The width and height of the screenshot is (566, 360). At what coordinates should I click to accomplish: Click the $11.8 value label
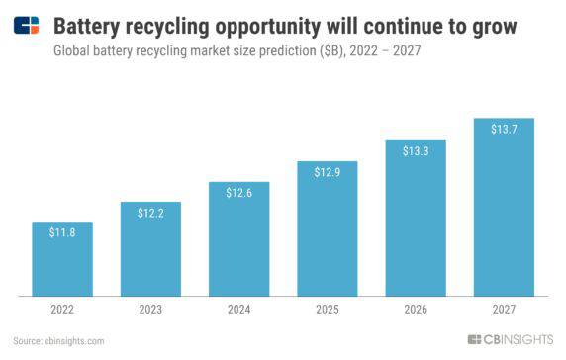tap(61, 232)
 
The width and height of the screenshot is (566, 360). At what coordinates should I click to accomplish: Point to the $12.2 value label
tap(150, 213)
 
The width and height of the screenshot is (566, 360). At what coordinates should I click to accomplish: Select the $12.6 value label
tap(238, 193)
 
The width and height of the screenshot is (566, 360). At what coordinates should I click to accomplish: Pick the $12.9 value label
tap(327, 172)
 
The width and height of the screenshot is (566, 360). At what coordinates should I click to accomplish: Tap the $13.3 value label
tap(416, 151)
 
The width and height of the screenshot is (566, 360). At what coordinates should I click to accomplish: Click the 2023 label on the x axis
tap(150, 311)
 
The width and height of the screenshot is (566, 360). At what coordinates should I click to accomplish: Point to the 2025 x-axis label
tap(327, 311)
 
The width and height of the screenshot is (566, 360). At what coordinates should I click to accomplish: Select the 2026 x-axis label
tap(416, 311)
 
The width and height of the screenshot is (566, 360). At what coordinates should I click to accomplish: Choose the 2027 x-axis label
tap(504, 311)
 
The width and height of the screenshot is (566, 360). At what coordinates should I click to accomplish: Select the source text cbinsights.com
tap(75, 341)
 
